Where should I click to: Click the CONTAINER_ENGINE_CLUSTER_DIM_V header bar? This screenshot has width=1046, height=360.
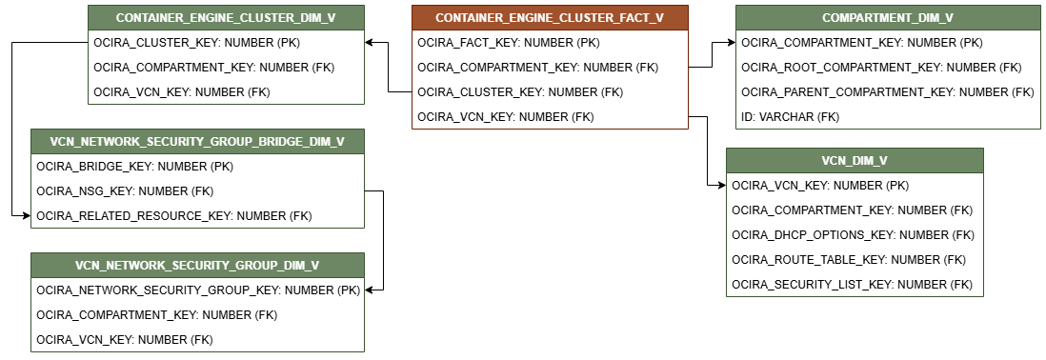(226, 17)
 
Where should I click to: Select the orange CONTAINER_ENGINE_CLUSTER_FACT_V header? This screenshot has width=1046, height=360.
(550, 17)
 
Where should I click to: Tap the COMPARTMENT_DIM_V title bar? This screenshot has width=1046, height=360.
(888, 17)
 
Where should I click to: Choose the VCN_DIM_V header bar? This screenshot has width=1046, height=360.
(855, 160)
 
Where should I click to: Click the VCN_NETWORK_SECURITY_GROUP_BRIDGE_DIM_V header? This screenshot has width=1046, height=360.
(197, 141)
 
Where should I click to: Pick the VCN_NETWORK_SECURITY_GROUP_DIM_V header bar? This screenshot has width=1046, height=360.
(197, 265)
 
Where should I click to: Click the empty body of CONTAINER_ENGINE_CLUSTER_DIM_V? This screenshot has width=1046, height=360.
(226, 67)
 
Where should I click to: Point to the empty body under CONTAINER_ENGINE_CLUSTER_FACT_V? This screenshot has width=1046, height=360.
(550, 79)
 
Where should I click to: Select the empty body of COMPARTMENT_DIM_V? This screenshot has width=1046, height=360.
(888, 79)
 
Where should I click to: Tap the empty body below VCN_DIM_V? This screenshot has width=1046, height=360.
(855, 234)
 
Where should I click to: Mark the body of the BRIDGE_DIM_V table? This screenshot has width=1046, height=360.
(197, 190)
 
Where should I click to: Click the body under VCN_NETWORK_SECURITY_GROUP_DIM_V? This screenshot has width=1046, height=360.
(197, 314)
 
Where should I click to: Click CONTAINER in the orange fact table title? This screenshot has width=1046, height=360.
(468, 18)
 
